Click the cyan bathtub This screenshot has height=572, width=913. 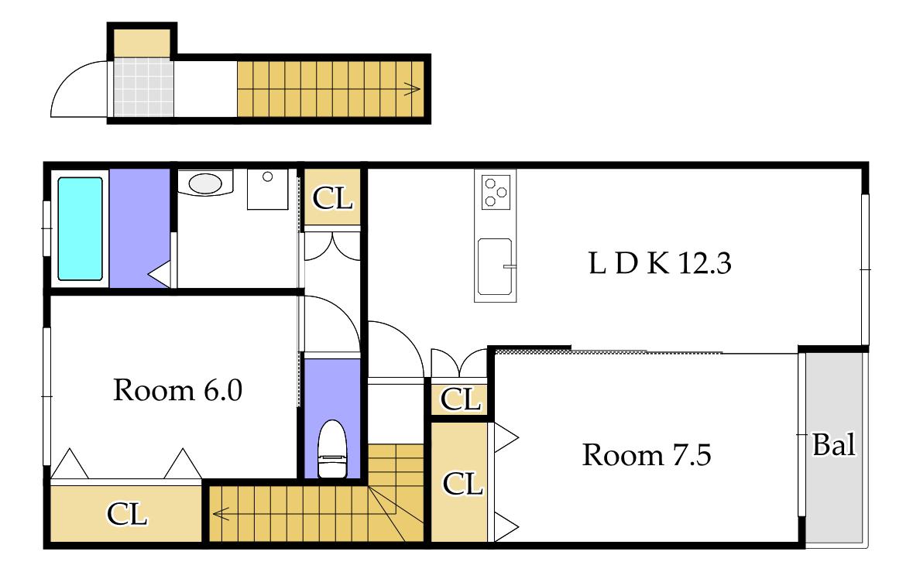coord(81,228)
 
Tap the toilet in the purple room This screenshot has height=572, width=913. coord(332,449)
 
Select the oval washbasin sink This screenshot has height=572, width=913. coord(205,183)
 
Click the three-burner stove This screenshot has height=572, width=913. coord(496,192)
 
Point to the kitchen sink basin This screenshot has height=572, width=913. coord(494,266)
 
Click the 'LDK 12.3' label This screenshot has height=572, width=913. coord(660,263)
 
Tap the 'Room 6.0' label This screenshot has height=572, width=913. coord(177,390)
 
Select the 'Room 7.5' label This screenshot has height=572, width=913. coord(647,454)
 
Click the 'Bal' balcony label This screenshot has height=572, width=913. coord(834,445)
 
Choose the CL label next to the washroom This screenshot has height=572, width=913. coord(332,198)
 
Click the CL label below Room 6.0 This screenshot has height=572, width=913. coord(127,514)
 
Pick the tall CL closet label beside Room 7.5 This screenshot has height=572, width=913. coord(462,484)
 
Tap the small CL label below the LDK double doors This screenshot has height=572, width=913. coord(461,399)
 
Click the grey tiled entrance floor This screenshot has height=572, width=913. coord(143,87)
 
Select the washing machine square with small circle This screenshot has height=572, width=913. coord(267,189)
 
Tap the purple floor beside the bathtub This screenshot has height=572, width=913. coord(139,228)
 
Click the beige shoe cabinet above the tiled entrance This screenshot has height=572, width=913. coord(142,43)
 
